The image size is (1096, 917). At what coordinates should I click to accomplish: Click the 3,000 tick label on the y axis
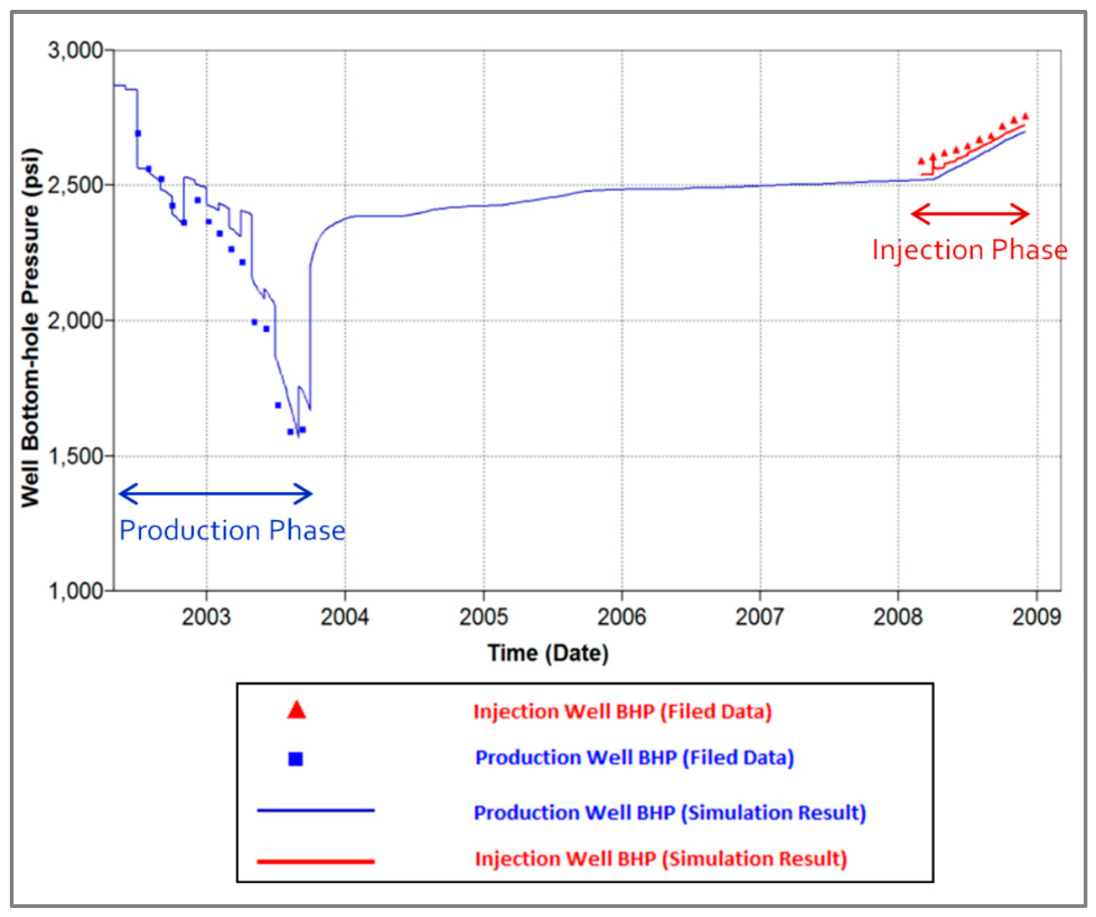click(x=75, y=51)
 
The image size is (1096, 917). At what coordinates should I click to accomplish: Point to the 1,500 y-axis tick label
click(x=75, y=456)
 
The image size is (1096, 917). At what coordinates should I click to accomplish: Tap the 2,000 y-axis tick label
click(x=75, y=320)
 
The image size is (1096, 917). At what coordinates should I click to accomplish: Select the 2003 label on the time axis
click(x=206, y=617)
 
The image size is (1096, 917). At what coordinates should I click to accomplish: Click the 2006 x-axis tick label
click(x=622, y=617)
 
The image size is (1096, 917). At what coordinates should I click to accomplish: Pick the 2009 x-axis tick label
click(x=1036, y=617)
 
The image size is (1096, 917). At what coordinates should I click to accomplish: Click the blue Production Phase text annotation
click(x=232, y=530)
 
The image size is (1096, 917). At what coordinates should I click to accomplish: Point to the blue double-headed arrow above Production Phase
click(x=216, y=493)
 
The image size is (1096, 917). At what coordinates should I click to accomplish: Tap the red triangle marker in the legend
click(x=296, y=711)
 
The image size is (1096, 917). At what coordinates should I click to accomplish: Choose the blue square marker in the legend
click(x=296, y=759)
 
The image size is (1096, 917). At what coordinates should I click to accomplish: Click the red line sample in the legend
click(x=316, y=861)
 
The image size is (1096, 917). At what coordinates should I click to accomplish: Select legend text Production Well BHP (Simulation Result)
click(x=669, y=813)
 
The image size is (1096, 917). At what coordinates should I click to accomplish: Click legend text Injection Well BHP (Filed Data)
click(x=622, y=712)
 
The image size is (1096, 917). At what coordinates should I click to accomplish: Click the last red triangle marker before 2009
click(x=1025, y=116)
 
